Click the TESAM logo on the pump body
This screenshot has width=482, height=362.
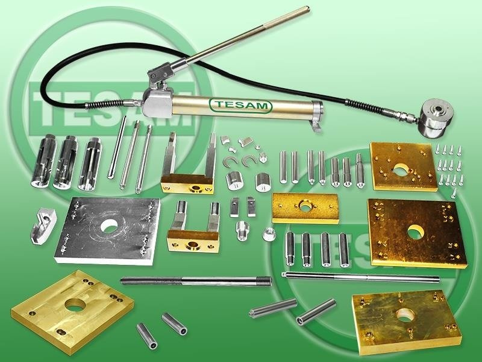(x=240, y=105)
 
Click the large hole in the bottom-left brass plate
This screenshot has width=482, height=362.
(x=75, y=305)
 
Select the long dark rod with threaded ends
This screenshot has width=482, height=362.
(x=196, y=281)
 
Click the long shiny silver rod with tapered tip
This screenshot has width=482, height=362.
(x=360, y=277)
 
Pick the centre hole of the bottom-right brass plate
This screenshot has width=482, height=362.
(x=405, y=315)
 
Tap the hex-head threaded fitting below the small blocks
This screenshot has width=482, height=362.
(x=242, y=230)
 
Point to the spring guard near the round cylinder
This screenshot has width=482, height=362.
(x=365, y=107)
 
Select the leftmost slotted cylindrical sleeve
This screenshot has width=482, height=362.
(x=44, y=160)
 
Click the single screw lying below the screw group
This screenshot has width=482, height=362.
(x=454, y=192)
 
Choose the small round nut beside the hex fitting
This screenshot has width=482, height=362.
(x=269, y=234)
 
